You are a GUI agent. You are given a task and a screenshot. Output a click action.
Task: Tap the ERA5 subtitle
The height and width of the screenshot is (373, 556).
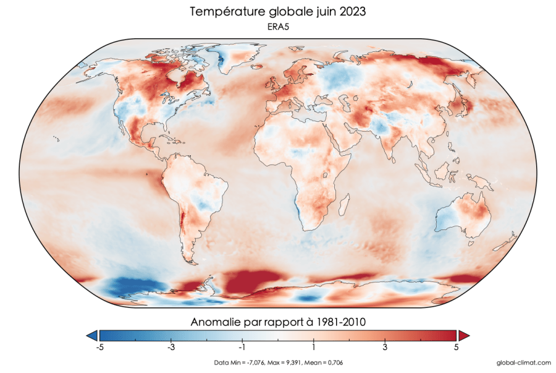[x=277, y=28]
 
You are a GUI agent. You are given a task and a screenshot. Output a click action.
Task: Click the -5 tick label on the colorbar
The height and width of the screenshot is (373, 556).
[x=99, y=348]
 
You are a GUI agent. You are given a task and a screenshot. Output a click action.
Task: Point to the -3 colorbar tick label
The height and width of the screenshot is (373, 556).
[x=171, y=348]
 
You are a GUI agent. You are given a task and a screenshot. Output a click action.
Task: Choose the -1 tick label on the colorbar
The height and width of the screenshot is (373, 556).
[x=242, y=348]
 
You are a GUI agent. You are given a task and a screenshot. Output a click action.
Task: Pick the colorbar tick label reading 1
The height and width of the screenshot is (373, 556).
[x=314, y=348]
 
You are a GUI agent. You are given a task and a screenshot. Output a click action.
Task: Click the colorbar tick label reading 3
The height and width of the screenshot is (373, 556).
[x=385, y=348]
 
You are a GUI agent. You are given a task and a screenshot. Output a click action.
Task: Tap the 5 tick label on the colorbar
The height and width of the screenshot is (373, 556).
[x=457, y=348]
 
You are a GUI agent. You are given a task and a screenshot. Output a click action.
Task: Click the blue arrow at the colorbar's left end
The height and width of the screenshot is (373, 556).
[x=91, y=335]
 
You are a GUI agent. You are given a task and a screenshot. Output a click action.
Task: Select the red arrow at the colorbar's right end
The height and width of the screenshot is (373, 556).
[x=464, y=335]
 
